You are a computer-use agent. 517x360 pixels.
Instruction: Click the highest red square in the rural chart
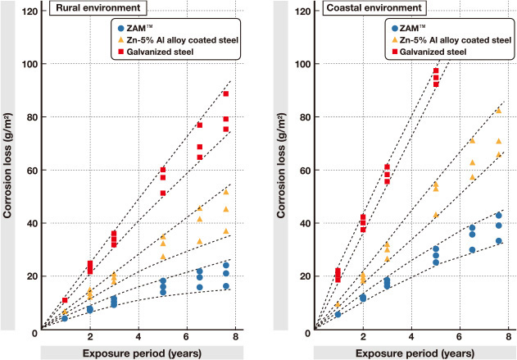coord(225,94)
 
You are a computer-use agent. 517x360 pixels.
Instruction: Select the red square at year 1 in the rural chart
coord(65,301)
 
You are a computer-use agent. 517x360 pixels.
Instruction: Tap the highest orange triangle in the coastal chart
coord(498,110)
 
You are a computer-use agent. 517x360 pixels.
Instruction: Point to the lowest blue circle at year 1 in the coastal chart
coord(338,314)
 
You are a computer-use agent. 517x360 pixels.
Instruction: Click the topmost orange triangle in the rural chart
coord(225,191)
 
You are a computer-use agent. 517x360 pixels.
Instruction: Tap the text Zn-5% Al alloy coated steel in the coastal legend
coord(456,39)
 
